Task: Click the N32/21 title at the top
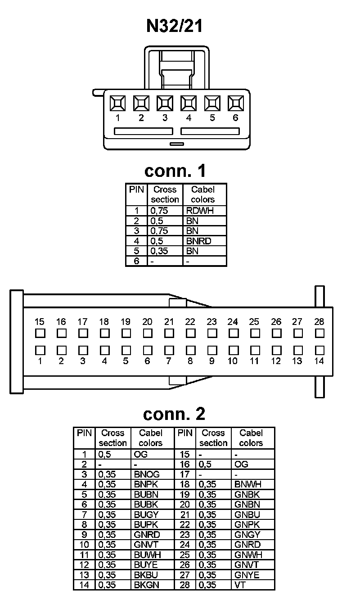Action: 174,26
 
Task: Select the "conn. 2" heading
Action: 174,413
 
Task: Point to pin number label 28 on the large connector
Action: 319,322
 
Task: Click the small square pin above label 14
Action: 319,350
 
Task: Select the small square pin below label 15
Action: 40,334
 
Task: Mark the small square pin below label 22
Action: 190,334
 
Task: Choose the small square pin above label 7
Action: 169,350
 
